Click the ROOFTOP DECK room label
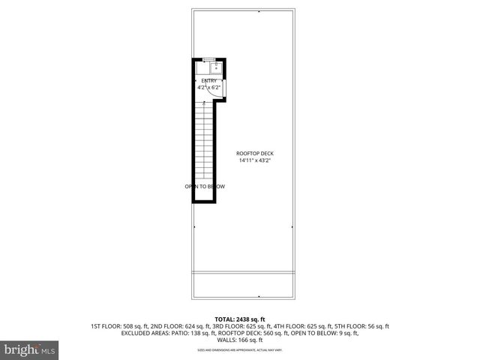tap(254, 153)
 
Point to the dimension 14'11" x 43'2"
tap(254, 160)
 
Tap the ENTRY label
tap(209, 81)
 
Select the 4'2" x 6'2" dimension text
tap(208, 88)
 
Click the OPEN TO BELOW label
tap(205, 186)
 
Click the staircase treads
tap(205, 142)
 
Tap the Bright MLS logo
tap(30, 349)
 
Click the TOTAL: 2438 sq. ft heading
tap(240, 319)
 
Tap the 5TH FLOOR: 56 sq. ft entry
tap(358, 326)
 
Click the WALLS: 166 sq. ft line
tap(240, 340)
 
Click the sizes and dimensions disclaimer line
tap(240, 349)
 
